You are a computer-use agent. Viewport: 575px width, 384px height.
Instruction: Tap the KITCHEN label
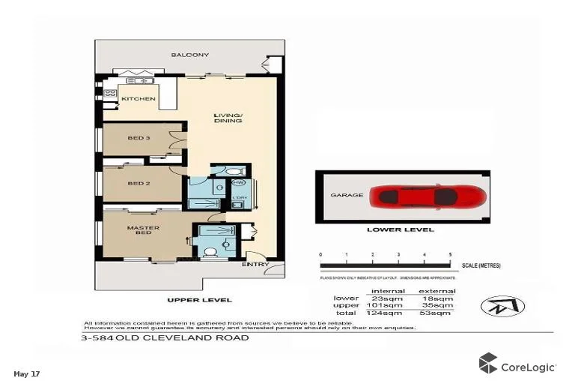(x=139, y=99)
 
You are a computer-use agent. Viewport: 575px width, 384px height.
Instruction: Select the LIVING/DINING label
(x=228, y=118)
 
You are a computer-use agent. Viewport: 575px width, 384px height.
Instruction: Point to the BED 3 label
(x=139, y=139)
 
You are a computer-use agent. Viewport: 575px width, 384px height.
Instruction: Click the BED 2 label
(x=139, y=184)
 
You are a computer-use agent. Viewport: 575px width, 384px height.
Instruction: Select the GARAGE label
(x=347, y=195)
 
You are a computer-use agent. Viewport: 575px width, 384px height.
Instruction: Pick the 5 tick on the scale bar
(x=450, y=256)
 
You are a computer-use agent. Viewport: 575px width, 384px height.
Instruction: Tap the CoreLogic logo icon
(x=488, y=363)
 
